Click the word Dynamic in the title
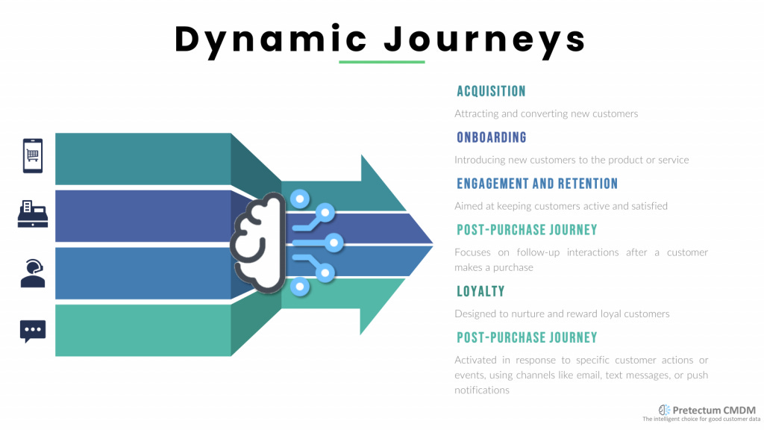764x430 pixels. (271, 39)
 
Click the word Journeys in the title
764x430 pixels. (486, 39)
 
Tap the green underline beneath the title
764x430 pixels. (381, 62)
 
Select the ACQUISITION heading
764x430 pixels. (491, 91)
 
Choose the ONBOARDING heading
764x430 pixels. (492, 137)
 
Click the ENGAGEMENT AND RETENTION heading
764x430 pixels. (537, 184)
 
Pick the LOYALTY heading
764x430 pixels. (480, 291)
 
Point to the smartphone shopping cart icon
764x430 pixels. (33, 155)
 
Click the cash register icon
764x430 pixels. (33, 214)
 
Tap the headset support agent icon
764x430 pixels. (33, 273)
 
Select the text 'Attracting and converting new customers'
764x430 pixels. (546, 114)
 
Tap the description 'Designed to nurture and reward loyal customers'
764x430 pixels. (562, 314)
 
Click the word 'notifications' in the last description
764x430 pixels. (482, 390)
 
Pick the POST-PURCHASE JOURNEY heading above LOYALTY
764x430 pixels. (527, 230)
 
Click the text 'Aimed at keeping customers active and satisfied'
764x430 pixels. (561, 206)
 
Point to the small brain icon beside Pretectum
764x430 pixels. (664, 410)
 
